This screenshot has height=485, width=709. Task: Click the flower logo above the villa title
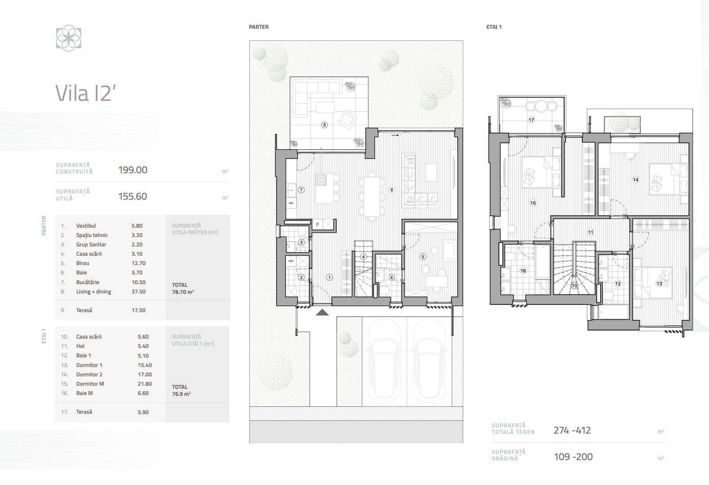(x=68, y=38)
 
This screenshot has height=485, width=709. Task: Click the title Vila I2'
(x=83, y=93)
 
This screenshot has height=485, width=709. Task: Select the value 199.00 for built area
(x=133, y=170)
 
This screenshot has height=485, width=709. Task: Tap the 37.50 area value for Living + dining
(x=138, y=292)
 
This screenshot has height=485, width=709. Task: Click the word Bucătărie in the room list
(x=88, y=282)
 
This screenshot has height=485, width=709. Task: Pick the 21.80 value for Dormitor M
(x=145, y=384)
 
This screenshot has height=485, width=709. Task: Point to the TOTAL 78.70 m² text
(x=183, y=288)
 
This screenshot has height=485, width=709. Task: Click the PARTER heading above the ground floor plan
(x=259, y=27)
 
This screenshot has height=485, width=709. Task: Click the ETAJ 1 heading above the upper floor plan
(x=494, y=27)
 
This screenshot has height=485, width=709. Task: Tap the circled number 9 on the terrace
(x=324, y=125)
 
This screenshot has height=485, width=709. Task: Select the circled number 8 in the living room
(x=392, y=190)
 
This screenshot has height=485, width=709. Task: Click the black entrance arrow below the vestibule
(x=322, y=312)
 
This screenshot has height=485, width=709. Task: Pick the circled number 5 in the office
(x=422, y=257)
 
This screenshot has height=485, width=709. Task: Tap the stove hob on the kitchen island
(x=321, y=180)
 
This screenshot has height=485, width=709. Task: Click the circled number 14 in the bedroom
(x=635, y=180)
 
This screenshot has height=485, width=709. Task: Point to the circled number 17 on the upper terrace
(x=532, y=120)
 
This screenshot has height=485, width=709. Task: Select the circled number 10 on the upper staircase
(x=574, y=285)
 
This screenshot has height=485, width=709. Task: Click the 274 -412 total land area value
(x=572, y=430)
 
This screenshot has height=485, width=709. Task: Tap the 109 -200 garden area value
(x=573, y=457)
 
